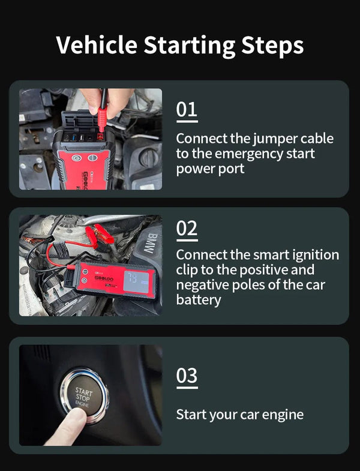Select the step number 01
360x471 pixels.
pos(186,110)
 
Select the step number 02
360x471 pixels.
pos(187,229)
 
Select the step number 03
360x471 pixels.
pos(187,376)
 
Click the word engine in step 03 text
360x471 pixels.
pos(281,415)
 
